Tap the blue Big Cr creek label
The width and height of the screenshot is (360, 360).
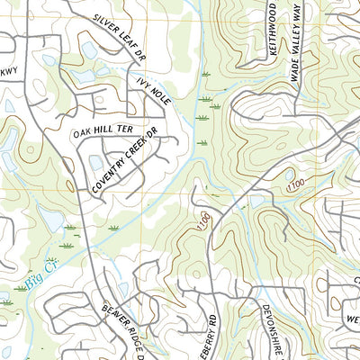pos(40,283)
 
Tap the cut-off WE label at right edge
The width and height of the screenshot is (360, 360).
pos(353,319)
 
